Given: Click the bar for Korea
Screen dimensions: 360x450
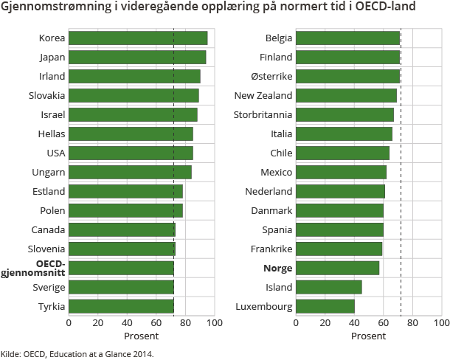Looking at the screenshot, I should pyautogui.click(x=138, y=38).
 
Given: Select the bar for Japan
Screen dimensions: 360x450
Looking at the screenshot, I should pyautogui.click(x=137, y=57).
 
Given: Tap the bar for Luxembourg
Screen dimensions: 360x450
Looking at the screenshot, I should pyautogui.click(x=325, y=306).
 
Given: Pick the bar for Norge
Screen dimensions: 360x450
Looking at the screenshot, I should pyautogui.click(x=337, y=268).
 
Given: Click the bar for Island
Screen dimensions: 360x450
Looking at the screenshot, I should pyautogui.click(x=329, y=287).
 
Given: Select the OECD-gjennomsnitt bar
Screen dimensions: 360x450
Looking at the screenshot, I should pyautogui.click(x=121, y=268).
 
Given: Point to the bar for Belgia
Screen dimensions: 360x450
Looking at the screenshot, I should pyautogui.click(x=347, y=38).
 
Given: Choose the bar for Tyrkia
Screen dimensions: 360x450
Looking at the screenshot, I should pyautogui.click(x=121, y=306).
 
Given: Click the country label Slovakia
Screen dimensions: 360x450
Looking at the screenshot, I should pyautogui.click(x=47, y=95).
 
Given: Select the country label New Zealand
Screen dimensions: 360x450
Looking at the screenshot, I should pyautogui.click(x=263, y=95).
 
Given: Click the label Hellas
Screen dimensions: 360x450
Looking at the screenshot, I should pyautogui.click(x=52, y=134).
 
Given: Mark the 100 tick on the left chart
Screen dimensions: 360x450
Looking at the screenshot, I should pyautogui.click(x=215, y=322).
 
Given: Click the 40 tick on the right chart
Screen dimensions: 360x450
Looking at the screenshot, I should pyautogui.click(x=354, y=322).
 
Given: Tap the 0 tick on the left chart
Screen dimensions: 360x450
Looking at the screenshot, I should pyautogui.click(x=69, y=322).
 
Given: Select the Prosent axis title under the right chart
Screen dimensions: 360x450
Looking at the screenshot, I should pyautogui.click(x=368, y=336).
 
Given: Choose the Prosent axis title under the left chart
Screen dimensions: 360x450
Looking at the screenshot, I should pyautogui.click(x=141, y=336).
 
